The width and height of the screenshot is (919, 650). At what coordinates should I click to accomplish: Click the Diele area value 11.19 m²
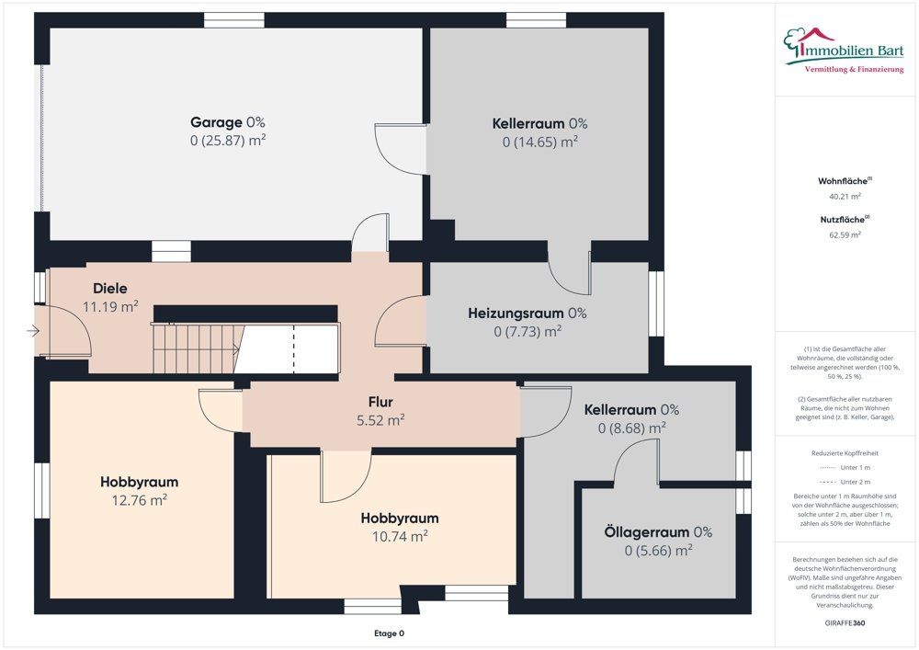point(110,307)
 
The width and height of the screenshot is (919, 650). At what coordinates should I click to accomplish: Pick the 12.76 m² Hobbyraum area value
point(139,500)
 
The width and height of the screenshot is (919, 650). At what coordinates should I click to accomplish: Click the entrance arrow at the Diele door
point(35,331)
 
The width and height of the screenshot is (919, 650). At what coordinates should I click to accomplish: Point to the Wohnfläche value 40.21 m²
point(845,196)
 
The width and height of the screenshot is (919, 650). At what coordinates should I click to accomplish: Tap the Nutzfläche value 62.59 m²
point(845,235)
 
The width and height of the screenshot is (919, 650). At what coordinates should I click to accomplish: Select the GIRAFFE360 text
point(845,622)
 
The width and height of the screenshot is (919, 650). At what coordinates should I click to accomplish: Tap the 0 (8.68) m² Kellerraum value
point(631,428)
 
